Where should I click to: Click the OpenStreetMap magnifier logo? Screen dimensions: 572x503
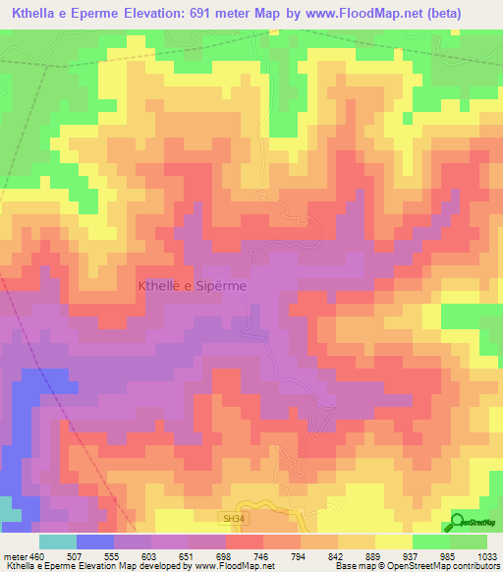(459, 521)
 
